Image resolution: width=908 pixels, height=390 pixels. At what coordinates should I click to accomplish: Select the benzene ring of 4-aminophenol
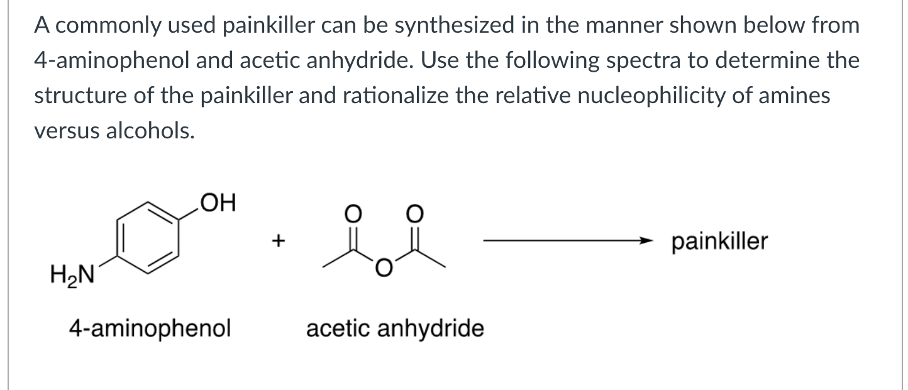pyautogui.click(x=148, y=238)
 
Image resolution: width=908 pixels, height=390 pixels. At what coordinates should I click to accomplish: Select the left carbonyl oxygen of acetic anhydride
pyautogui.click(x=353, y=213)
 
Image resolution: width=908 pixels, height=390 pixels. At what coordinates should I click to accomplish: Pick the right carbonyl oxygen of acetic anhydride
pyautogui.click(x=415, y=213)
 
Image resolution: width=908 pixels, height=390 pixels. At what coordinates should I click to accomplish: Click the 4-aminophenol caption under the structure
pyautogui.click(x=150, y=328)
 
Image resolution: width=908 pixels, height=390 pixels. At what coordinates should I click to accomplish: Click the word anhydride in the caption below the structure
pyautogui.click(x=440, y=328)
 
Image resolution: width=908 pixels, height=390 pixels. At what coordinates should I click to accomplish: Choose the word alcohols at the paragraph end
pyautogui.click(x=150, y=131)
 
